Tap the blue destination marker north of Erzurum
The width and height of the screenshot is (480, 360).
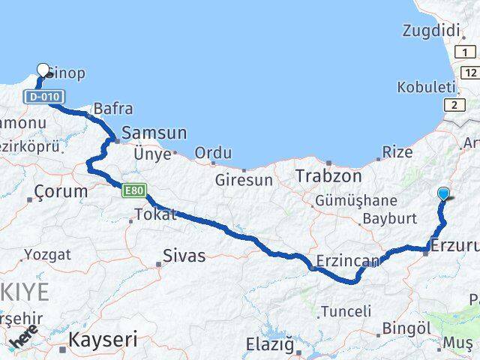tap(444, 194)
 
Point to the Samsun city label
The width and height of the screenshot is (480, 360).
tap(154, 133)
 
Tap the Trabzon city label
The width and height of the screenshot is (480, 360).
tap(328, 176)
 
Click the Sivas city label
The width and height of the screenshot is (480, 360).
tap(184, 256)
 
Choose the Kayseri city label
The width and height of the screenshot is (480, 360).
tap(103, 340)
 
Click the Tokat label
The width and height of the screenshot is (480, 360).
tap(155, 215)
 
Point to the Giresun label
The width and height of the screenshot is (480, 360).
tap(243, 180)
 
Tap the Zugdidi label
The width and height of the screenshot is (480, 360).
tap(430, 31)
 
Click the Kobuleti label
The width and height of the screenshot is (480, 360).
tap(427, 86)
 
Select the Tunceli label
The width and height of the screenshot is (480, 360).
tap(346, 310)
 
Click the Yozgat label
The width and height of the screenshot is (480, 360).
tap(47, 254)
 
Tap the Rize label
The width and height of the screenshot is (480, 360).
tap(397, 152)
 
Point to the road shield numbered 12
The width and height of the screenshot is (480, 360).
tap(470, 72)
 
